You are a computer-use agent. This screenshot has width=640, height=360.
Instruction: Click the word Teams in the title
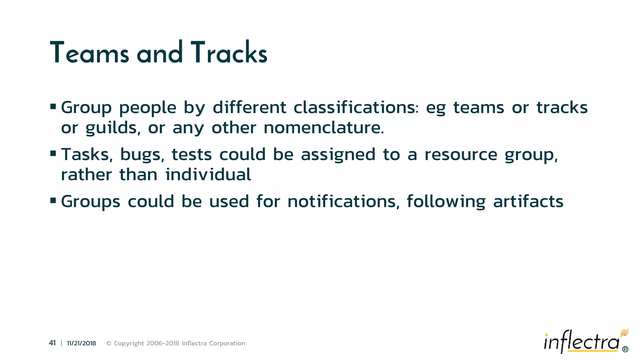pyautogui.click(x=89, y=53)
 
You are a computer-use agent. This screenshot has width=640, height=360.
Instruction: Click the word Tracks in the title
pyautogui.click(x=229, y=53)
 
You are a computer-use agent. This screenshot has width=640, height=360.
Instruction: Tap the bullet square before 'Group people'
pyautogui.click(x=53, y=107)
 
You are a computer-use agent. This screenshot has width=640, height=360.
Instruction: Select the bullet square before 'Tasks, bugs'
pyautogui.click(x=53, y=153)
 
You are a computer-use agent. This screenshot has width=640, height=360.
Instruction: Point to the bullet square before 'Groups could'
pyautogui.click(x=53, y=200)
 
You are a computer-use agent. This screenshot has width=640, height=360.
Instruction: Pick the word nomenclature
pyautogui.click(x=323, y=128)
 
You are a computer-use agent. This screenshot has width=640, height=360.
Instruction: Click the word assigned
pyautogui.click(x=338, y=155)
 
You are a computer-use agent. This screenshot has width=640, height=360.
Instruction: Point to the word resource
pyautogui.click(x=461, y=155)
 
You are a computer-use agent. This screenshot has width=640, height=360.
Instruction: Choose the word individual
pyautogui.click(x=208, y=174)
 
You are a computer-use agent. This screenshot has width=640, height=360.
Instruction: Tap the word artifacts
pyautogui.click(x=528, y=201)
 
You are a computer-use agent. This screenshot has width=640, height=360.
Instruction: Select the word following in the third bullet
pyautogui.click(x=446, y=201)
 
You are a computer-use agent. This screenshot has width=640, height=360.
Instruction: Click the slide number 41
pyautogui.click(x=52, y=343)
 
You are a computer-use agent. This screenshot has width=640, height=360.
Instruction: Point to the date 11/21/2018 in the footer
pyautogui.click(x=81, y=343)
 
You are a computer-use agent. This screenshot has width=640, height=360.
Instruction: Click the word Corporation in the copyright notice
pyautogui.click(x=227, y=343)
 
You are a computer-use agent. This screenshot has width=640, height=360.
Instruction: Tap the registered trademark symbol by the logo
pyautogui.click(x=625, y=349)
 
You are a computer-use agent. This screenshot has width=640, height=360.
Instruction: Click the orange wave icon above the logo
pyautogui.click(x=624, y=332)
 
